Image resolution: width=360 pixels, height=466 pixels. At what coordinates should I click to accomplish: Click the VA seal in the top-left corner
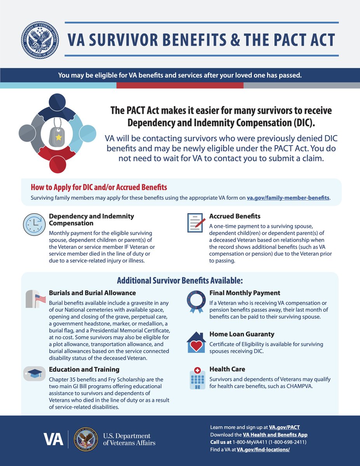40,40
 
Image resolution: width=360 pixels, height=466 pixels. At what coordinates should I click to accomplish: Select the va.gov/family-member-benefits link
288,198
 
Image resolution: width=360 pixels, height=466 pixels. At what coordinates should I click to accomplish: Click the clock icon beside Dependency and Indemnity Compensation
35,224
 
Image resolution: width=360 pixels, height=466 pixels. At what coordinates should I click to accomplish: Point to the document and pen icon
197,223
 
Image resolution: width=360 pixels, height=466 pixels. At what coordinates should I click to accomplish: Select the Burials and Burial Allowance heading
92,293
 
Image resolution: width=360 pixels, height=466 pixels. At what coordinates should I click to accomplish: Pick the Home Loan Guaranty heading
242,334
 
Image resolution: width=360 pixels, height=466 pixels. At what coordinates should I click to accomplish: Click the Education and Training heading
84,369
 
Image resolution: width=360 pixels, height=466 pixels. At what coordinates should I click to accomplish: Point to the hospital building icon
197,378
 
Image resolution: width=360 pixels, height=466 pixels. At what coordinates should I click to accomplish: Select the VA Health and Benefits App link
275,435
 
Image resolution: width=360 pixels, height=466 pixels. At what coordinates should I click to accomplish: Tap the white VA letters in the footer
54,439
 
